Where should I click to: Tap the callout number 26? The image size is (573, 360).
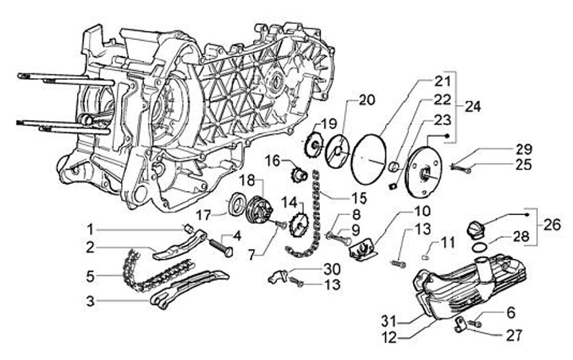(552, 225)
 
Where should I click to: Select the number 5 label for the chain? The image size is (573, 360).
(90, 276)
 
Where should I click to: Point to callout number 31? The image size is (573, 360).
(389, 321)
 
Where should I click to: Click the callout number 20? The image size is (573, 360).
(366, 100)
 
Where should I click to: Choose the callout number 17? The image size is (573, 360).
(204, 215)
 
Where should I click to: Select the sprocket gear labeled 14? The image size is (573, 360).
(298, 224)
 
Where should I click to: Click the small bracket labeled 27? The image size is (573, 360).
(459, 324)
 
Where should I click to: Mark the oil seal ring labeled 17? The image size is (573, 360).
(236, 203)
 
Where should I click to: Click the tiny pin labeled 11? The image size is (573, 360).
(425, 256)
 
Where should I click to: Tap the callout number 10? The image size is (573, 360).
(422, 212)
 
